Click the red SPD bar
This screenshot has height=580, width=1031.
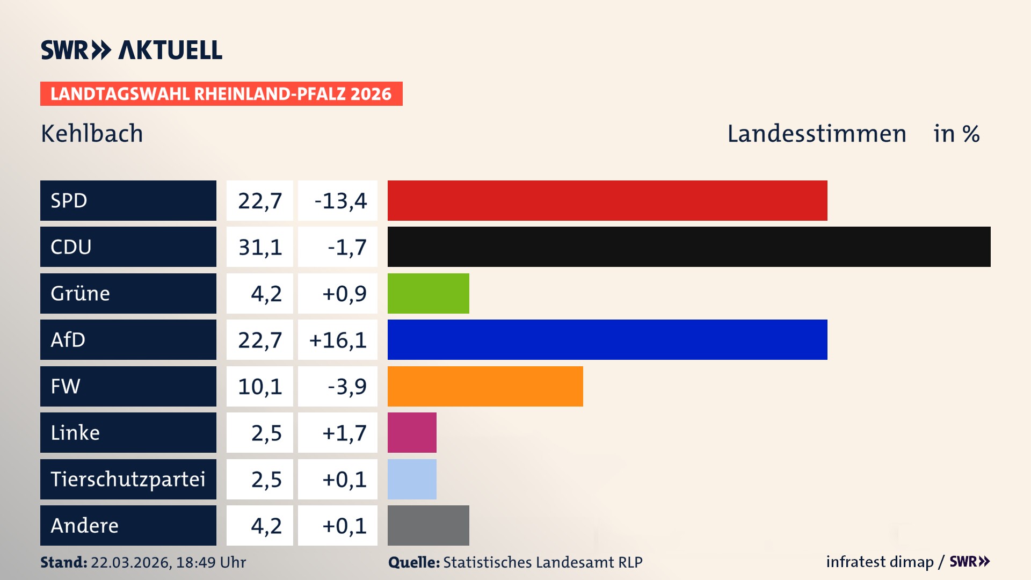click(x=607, y=200)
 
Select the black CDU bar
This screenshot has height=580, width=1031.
click(x=688, y=247)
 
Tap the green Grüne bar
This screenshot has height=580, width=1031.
click(x=428, y=293)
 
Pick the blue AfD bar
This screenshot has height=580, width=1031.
click(x=607, y=339)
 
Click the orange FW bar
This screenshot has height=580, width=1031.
click(x=485, y=386)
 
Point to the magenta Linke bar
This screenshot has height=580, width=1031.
click(x=412, y=432)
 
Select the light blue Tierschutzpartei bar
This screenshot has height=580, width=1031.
click(x=412, y=479)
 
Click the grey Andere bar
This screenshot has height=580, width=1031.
click(x=428, y=525)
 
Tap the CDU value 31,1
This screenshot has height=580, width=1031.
click(x=260, y=247)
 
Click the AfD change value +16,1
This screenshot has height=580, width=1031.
click(x=338, y=340)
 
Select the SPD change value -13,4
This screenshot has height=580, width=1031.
click(x=340, y=201)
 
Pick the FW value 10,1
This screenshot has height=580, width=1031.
click(x=260, y=386)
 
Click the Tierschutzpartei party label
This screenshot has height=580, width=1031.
click(x=128, y=479)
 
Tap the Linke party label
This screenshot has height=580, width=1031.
click(x=75, y=432)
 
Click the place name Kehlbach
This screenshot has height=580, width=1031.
click(x=92, y=134)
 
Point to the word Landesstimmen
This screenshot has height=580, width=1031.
click(x=816, y=134)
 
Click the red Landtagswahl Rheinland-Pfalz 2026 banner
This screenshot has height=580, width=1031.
click(x=221, y=94)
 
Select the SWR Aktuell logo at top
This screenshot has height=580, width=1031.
click(x=131, y=50)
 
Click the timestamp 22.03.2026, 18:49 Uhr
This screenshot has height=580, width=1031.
click(x=168, y=562)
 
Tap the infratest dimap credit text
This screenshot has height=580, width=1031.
click(x=880, y=562)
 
